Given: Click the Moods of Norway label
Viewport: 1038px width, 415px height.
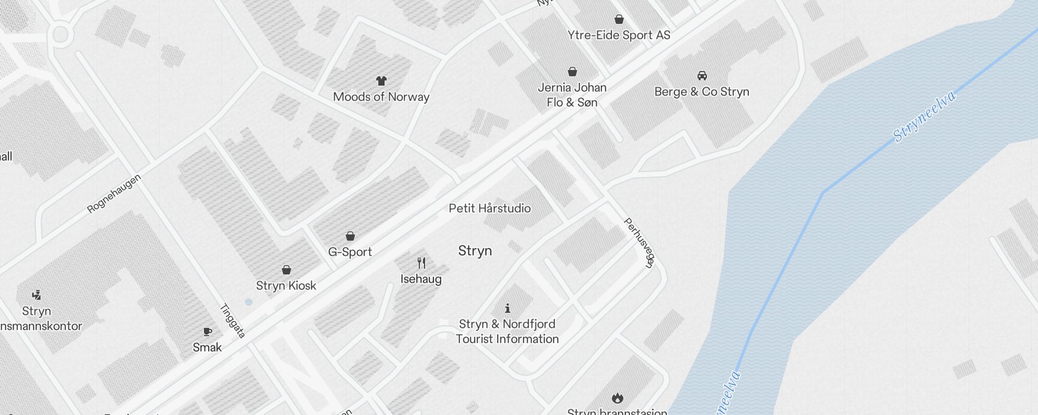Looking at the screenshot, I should tap(381, 97).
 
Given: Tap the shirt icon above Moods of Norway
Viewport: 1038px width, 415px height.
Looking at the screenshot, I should tap(381, 80).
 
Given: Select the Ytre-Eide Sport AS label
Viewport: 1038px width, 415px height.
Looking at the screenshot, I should tap(619, 35).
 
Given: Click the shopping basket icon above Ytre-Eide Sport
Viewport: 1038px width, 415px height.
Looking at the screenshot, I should tap(619, 19).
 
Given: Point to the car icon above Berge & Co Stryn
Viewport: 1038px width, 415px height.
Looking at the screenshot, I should tap(702, 76).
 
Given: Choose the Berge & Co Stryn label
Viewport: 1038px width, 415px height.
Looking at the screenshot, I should tap(702, 92).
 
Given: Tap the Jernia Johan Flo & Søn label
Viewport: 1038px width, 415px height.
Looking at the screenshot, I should tap(572, 95).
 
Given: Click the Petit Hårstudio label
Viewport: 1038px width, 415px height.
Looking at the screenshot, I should tap(489, 209).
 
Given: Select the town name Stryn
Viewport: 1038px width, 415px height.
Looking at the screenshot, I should tap(475, 251).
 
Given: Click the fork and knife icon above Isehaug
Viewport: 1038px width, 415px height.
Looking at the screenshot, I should tap(421, 263).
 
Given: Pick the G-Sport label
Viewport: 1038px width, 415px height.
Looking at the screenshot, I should tap(350, 252).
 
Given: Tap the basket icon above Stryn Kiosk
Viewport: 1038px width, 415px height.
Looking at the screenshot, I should tap(286, 270).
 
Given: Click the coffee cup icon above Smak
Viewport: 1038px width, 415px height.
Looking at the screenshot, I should tap(208, 331).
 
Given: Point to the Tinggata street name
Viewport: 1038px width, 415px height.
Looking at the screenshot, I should tap(232, 321).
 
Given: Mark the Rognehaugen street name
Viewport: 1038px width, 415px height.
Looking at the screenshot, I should tap(114, 194).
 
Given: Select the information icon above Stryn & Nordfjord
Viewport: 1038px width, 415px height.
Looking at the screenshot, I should tap(507, 308).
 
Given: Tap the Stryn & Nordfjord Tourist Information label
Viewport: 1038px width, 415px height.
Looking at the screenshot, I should tap(507, 331).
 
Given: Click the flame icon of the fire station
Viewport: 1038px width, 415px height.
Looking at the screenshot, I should tap(617, 398).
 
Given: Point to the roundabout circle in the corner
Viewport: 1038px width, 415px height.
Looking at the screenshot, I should tap(61, 35).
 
